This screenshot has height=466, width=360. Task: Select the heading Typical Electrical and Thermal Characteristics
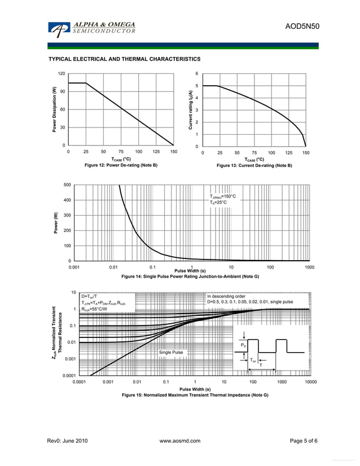[x=124, y=59]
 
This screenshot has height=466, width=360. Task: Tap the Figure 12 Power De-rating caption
[x=121, y=165]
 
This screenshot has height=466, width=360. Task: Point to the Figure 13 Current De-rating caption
[x=254, y=166]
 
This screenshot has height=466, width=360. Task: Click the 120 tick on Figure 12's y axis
[x=62, y=74]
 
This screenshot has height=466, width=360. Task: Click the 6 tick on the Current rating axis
[x=196, y=74]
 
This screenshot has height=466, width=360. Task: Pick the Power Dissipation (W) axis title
[x=55, y=109]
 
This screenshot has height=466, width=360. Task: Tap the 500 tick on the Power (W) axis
[x=67, y=185]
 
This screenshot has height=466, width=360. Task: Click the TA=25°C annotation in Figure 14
[x=218, y=203]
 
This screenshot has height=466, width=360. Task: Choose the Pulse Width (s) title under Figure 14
[x=190, y=271]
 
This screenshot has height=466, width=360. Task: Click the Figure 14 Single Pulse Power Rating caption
[x=190, y=276]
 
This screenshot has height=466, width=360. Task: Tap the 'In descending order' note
[x=226, y=296]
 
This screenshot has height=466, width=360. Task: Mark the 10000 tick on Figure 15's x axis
[x=310, y=382]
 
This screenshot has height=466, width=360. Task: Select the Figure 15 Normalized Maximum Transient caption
[x=195, y=395]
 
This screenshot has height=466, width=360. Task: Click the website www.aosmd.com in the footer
[x=181, y=441]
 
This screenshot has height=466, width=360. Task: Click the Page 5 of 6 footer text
[x=303, y=441]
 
